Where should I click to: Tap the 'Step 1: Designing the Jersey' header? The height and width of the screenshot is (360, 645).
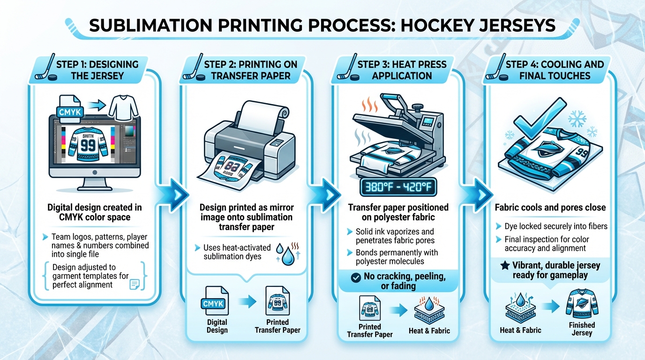[x=97, y=70]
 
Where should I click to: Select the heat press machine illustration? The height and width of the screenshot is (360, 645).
[x=398, y=136]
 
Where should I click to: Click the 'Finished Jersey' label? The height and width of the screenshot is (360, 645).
[x=582, y=329]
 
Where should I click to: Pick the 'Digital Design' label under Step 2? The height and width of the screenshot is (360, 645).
[x=217, y=326]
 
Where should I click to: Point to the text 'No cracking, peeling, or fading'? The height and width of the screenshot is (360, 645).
[x=404, y=281]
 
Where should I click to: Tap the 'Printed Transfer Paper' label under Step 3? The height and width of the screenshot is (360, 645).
[x=370, y=330]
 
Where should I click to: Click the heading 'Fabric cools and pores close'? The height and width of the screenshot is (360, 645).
[x=550, y=207]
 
